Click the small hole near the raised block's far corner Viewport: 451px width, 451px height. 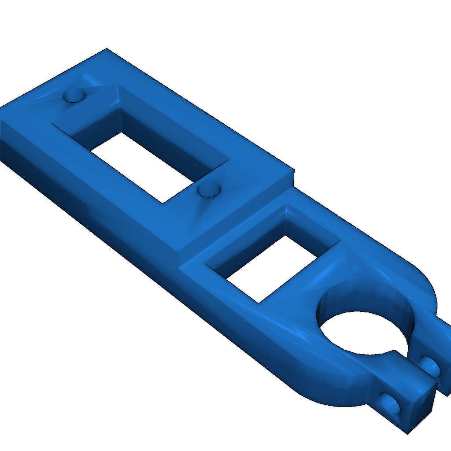74,96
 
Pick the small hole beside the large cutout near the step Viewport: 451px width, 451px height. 209,189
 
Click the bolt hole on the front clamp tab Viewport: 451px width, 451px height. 390,403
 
